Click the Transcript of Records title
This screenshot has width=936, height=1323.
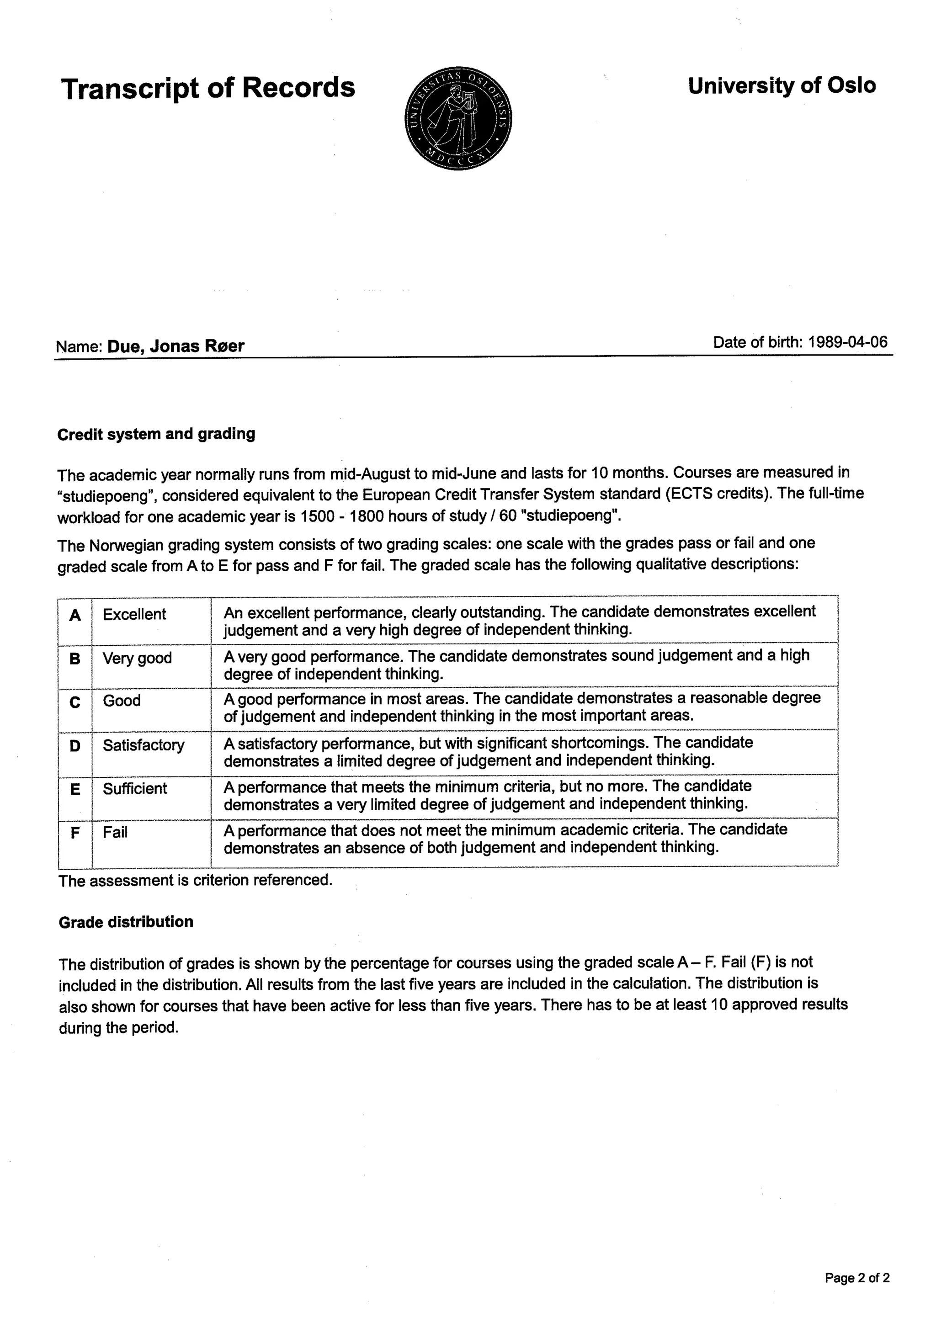207,88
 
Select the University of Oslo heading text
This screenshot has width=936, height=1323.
782,86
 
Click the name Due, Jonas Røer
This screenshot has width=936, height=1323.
176,346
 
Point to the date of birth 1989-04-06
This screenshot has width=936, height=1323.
848,342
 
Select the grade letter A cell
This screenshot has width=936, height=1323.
75,616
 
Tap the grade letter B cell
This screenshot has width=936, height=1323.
75,659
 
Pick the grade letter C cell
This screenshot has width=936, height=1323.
75,702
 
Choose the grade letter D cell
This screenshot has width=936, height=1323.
75,746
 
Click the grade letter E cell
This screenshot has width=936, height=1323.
75,789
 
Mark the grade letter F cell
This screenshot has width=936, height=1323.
75,833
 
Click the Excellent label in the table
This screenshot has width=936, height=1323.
134,614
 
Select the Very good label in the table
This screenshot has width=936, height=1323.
137,658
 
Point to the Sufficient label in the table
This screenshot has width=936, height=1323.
135,788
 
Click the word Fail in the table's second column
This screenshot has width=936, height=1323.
115,832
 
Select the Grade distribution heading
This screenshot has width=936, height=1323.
126,922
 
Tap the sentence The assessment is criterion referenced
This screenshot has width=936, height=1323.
196,881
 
